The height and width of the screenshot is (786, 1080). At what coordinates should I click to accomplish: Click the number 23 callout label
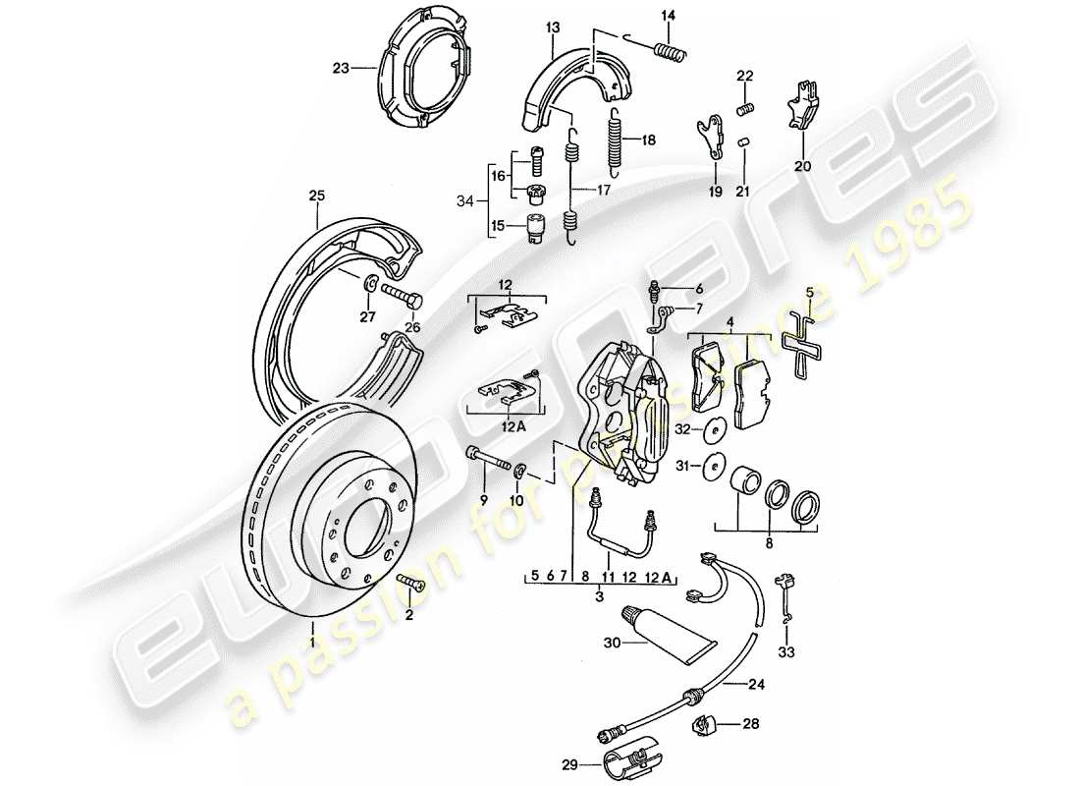tap(340, 68)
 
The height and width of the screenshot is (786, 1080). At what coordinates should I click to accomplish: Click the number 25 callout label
tap(315, 196)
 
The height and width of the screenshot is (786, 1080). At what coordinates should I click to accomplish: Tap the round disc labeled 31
tap(714, 466)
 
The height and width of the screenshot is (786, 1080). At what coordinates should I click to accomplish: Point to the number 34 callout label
tap(465, 201)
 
